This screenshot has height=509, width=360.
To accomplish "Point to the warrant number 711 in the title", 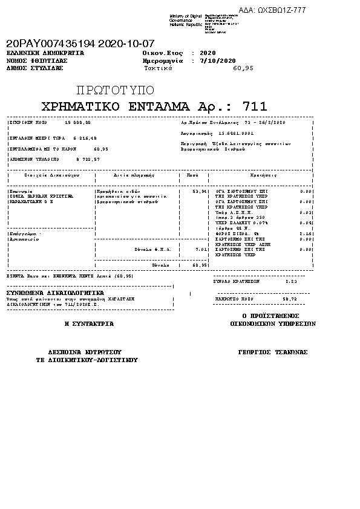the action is coord(254,107).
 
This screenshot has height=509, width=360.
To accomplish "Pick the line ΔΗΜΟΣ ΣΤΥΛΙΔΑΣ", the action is coord(34,68).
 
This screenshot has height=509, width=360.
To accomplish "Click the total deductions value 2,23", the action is coord(290,281).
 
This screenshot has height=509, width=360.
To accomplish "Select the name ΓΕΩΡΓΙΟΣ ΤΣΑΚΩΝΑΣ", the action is coord(273,352).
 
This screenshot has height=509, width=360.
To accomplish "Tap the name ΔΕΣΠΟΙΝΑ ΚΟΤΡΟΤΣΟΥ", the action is coord(85,352).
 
